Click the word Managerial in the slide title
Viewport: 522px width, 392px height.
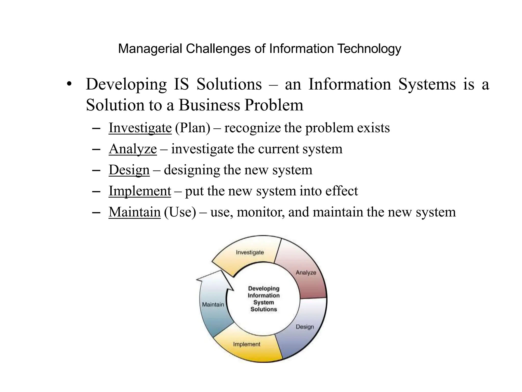150,49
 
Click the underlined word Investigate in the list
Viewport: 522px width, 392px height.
140,128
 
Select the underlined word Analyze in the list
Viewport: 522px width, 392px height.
133,149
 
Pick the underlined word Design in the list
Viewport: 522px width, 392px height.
129,170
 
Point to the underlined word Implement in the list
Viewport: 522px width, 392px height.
140,191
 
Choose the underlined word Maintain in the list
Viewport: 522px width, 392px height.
135,212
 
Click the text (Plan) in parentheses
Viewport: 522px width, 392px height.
193,128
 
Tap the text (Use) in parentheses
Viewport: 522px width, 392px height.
180,212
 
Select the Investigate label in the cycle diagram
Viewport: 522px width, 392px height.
250,252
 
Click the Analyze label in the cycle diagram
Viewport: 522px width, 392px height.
306,273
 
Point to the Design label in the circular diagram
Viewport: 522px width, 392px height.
305,327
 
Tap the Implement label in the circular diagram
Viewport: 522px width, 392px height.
247,344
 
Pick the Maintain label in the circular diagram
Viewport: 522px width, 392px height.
213,304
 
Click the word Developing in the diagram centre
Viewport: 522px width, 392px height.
264,289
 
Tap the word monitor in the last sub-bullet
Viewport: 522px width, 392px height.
260,212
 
